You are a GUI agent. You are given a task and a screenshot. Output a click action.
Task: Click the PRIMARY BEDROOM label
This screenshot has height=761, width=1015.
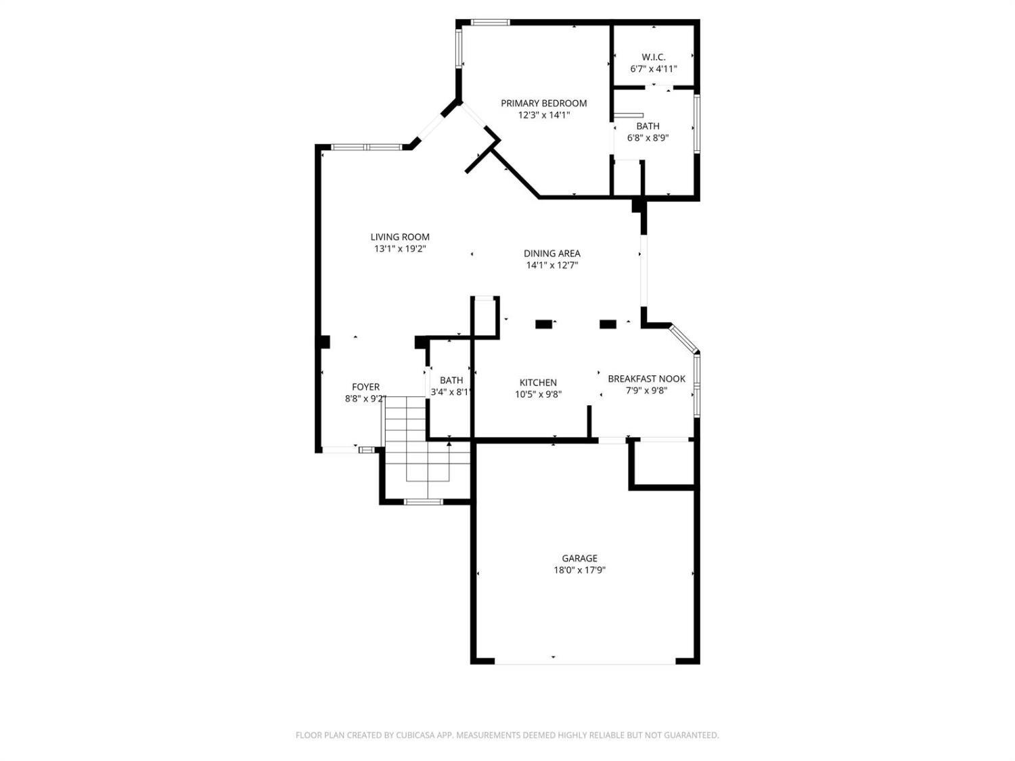coord(543,103)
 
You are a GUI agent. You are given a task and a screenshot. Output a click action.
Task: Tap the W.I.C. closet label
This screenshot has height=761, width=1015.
coord(653,57)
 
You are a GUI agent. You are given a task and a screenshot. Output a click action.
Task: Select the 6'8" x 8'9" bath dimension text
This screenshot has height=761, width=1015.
coord(648,138)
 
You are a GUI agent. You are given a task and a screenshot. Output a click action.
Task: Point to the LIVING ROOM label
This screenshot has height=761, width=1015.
coord(399,237)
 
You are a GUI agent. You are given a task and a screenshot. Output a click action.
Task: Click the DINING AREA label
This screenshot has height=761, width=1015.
coord(551,253)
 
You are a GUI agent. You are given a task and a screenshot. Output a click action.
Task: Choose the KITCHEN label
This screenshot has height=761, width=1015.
coord(538,382)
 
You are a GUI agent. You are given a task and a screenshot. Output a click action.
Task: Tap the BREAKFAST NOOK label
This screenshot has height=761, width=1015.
coord(646,378)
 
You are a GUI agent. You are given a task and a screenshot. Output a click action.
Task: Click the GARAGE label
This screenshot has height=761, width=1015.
coord(579,558)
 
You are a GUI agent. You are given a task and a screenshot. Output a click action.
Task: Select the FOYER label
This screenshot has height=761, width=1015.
coord(365,387)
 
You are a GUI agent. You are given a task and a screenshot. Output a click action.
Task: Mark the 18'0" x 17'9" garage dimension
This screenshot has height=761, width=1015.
coord(579,570)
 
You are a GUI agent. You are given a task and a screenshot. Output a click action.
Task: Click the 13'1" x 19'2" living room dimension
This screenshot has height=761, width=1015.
coord(399,249)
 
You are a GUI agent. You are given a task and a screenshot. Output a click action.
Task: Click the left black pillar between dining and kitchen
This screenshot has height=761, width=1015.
coord(544,324)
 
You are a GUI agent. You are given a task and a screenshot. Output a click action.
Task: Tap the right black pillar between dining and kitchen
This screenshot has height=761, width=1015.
coord(608,324)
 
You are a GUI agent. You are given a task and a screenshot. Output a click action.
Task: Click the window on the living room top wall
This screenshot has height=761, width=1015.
coord(366,147)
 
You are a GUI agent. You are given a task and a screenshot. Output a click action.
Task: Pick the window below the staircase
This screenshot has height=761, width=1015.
coord(423,502)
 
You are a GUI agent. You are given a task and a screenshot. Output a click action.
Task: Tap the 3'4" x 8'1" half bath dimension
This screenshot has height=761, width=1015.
coord(451,392)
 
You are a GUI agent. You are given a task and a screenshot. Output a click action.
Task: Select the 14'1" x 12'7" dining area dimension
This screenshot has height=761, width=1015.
coord(551,265)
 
